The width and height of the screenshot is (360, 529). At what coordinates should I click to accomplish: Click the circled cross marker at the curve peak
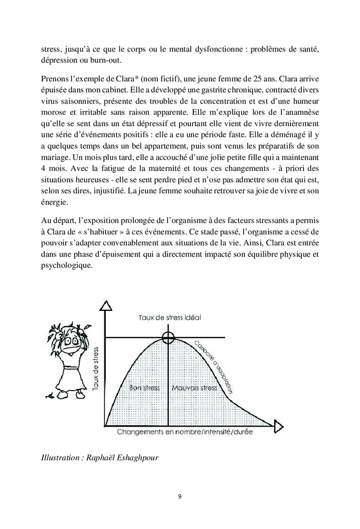coord(168,338)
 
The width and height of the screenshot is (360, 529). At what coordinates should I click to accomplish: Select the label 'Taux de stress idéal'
coord(170,318)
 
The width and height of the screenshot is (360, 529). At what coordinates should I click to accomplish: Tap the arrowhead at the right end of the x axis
coord(278,426)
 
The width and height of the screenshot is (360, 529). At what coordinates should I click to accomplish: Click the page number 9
coord(179,497)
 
